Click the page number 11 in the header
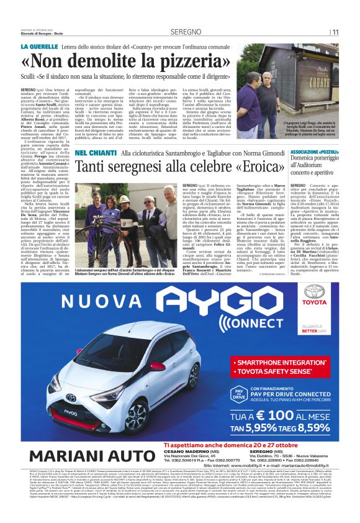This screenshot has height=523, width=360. click(335, 32)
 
